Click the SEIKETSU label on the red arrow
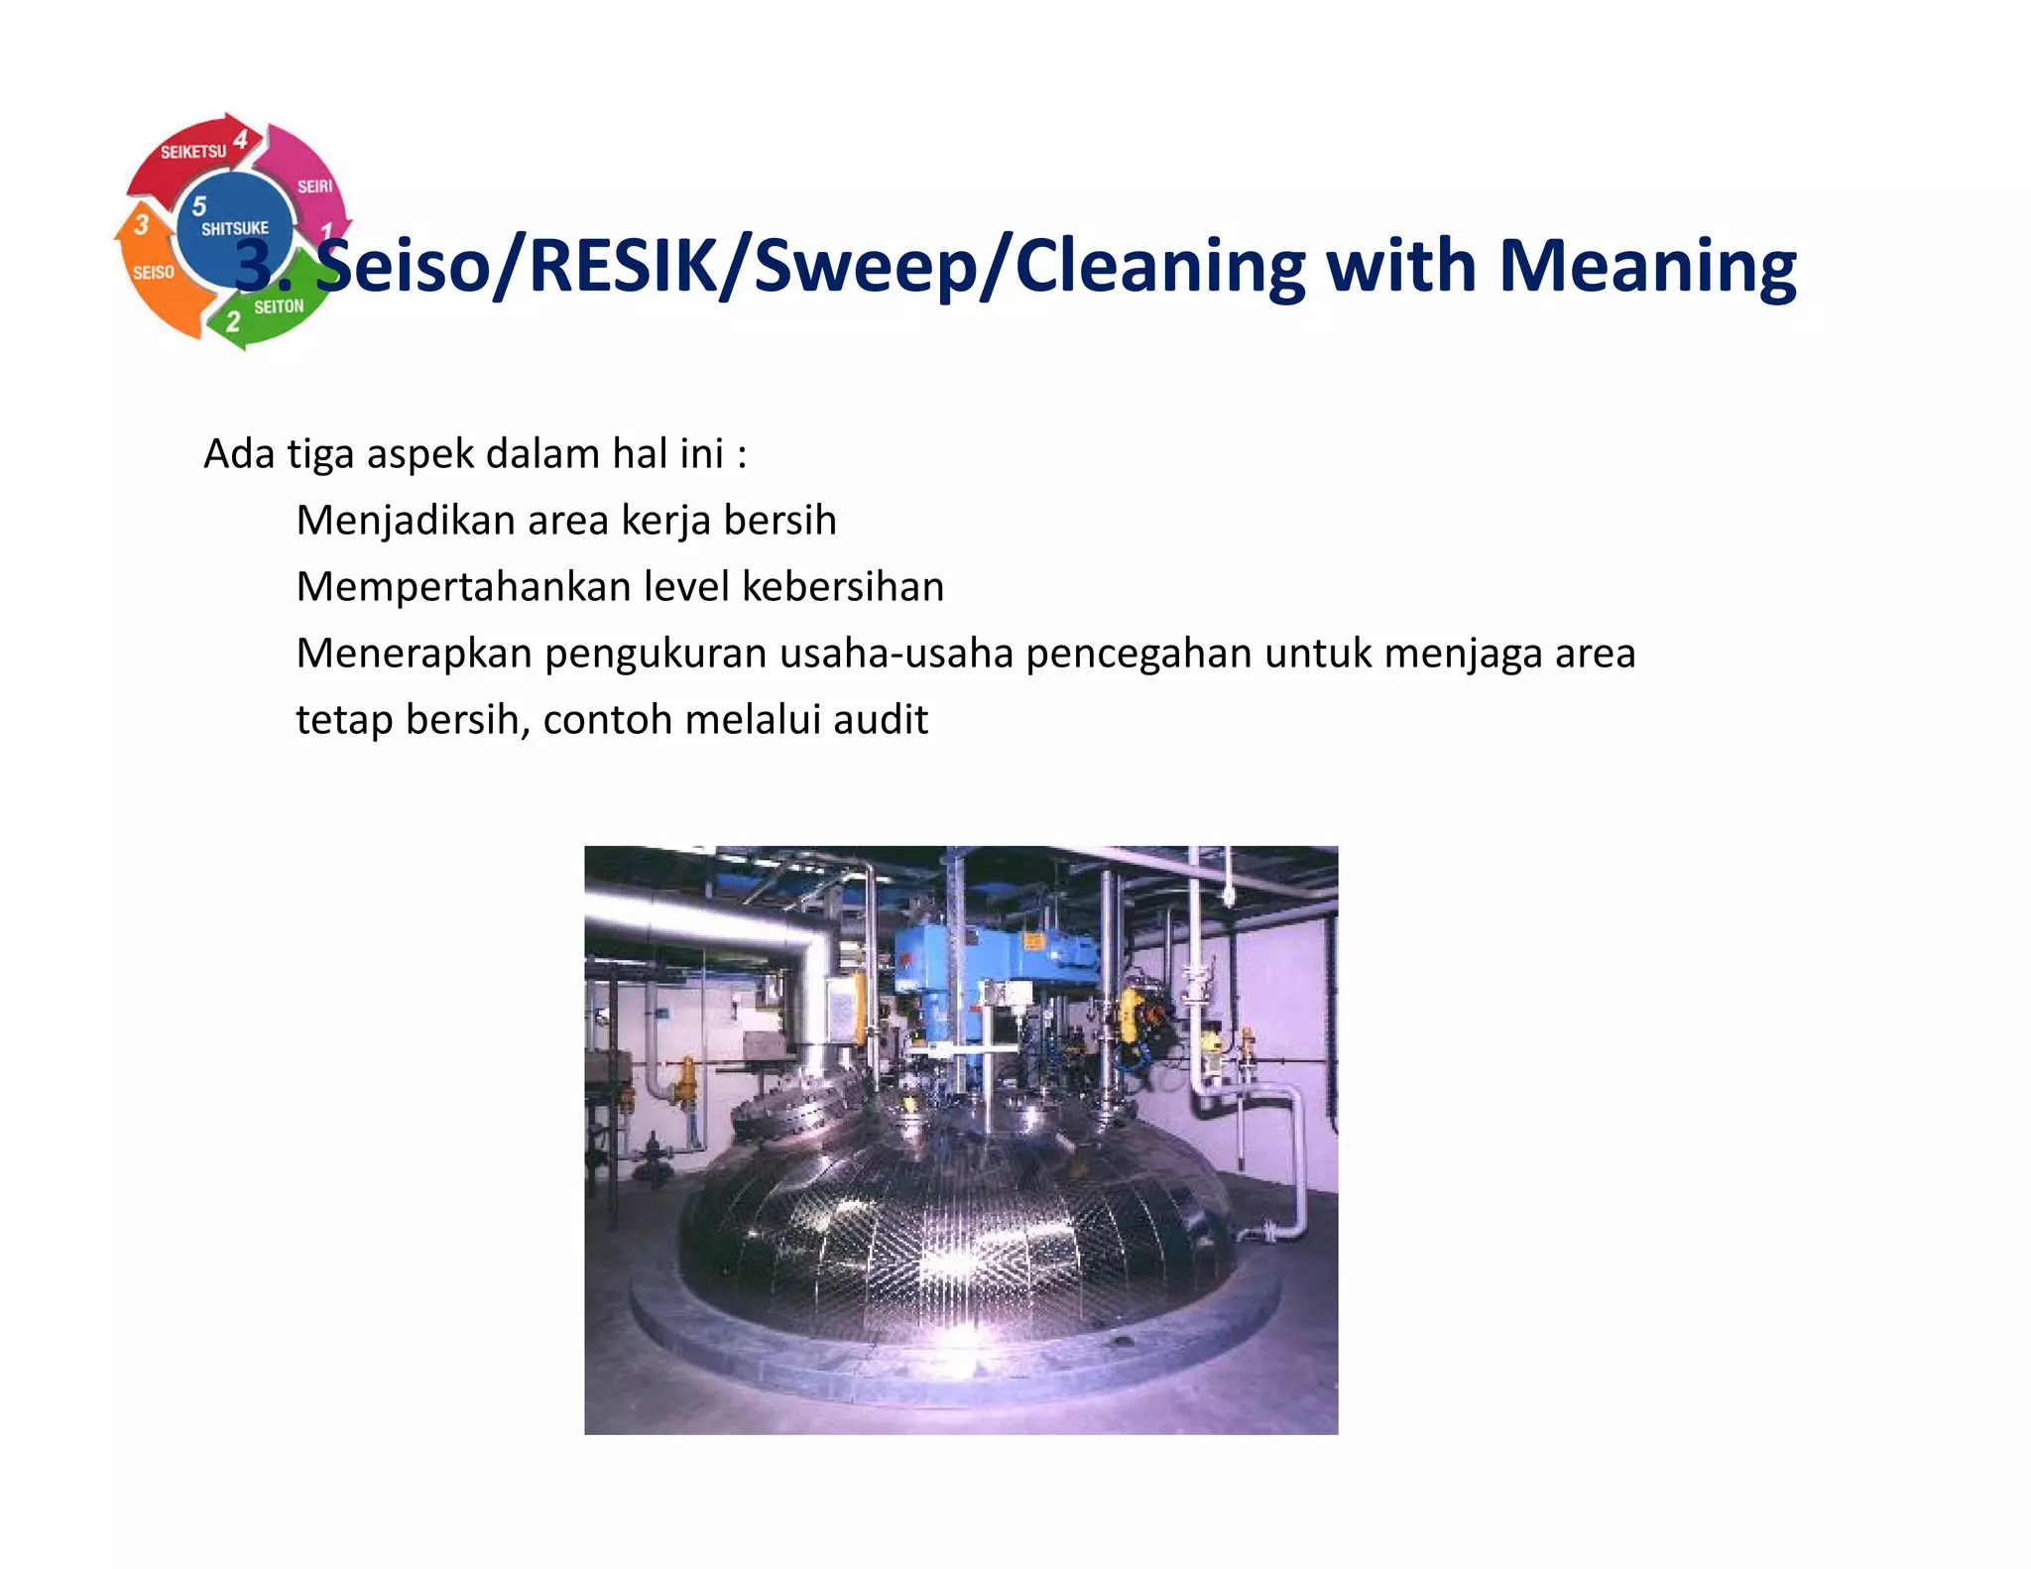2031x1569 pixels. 193,152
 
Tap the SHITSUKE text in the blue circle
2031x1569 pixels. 234,228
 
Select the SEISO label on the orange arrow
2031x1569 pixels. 154,272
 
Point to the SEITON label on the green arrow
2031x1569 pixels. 279,306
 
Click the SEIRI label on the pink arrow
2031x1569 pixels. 315,185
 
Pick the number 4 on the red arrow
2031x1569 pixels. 241,140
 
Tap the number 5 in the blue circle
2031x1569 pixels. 199,205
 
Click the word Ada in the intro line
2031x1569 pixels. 238,454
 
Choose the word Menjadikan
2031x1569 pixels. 406,521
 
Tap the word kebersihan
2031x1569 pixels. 843,587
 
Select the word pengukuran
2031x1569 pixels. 656,654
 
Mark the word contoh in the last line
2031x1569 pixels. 608,720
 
